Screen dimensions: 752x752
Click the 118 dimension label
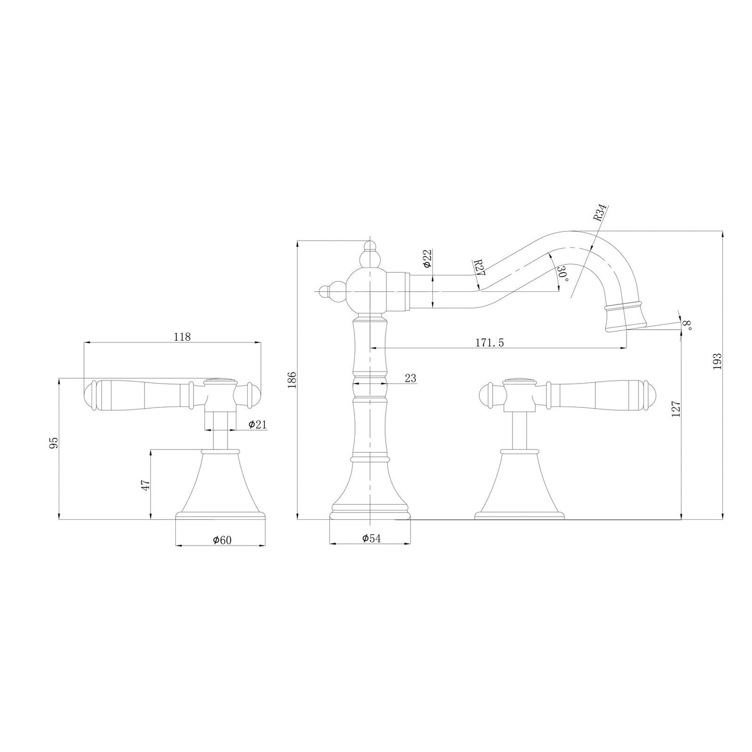click(x=182, y=336)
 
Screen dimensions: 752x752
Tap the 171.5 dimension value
click(x=489, y=342)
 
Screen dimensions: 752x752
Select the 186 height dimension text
click(x=292, y=379)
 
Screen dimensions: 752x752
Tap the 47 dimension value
click(x=145, y=486)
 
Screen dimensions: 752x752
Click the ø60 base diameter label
click(x=222, y=540)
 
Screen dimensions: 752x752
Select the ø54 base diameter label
click(x=371, y=538)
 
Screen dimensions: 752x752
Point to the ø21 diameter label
click(x=257, y=424)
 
